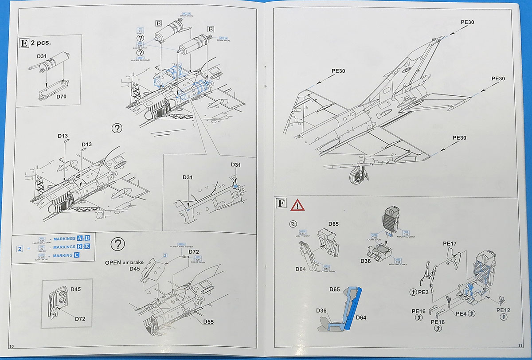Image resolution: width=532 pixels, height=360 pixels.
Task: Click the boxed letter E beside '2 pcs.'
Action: (24, 43)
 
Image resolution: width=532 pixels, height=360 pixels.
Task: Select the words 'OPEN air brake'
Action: (124, 262)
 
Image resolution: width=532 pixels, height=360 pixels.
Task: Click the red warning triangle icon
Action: (297, 204)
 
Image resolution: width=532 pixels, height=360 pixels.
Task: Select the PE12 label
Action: (503, 310)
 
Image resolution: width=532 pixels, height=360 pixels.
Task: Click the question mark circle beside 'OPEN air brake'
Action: (117, 243)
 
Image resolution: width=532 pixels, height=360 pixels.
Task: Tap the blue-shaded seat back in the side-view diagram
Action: (354, 306)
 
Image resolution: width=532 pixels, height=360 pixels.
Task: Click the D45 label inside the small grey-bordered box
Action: (75, 289)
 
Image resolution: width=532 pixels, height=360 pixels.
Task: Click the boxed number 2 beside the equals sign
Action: (20, 248)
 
